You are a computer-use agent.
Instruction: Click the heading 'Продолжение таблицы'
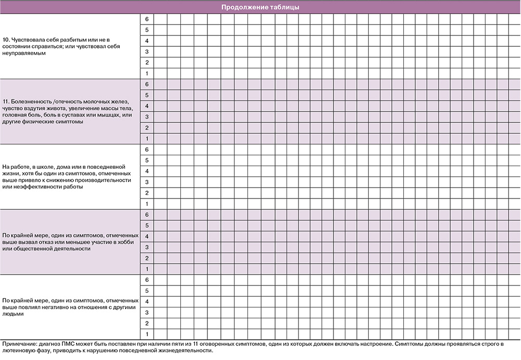pos(260,7)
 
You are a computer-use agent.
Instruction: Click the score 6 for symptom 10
pos(147,19)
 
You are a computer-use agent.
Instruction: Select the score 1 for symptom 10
pos(147,73)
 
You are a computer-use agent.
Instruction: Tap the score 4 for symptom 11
pos(147,106)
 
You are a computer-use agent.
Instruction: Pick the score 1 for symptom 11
pos(147,139)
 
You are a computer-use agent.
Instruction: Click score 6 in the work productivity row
pos(147,150)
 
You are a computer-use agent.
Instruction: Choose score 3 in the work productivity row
pos(147,182)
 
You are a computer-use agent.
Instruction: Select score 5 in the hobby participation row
pos(147,226)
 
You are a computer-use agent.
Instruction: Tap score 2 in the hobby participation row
pos(147,258)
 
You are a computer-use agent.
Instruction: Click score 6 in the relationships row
pos(147,280)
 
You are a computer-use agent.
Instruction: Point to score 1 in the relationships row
pos(147,333)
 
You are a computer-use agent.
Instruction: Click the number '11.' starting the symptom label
pos(7,101)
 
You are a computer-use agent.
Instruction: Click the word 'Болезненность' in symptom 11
pos(31,101)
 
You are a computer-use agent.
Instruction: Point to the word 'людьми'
pos(13,314)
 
